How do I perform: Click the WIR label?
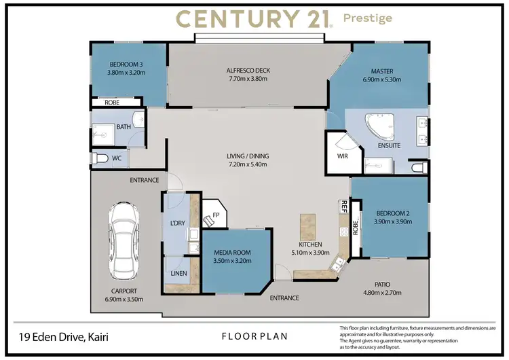pos(342,156)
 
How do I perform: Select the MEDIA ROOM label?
pos(232,252)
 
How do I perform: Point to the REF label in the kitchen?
pos(344,206)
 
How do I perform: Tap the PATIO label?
pos(383,285)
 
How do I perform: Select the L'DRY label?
pos(177,223)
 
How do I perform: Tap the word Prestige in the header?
pos(368,18)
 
